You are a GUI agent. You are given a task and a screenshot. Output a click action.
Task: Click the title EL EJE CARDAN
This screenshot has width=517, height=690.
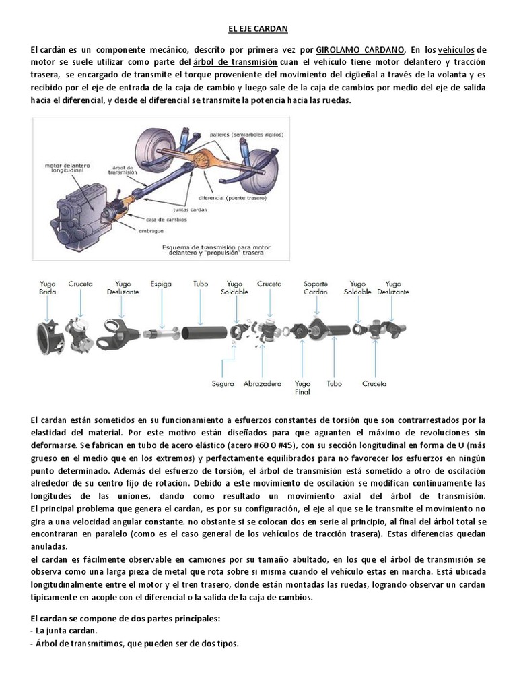(258, 29)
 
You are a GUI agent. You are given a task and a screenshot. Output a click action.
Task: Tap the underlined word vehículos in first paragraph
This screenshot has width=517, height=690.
(456, 51)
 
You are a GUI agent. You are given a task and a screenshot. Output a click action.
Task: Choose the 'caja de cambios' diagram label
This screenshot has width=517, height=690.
(166, 220)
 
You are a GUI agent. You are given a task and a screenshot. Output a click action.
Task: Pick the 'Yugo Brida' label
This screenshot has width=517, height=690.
(48, 288)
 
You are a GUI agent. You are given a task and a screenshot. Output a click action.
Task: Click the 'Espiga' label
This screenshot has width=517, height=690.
(161, 284)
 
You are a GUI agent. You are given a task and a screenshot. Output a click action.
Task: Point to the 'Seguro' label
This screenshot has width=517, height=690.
(223, 383)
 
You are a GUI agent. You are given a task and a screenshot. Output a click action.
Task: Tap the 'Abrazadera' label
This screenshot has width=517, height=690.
(263, 383)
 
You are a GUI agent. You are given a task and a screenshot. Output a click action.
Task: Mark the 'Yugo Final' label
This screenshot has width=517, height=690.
(303, 387)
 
